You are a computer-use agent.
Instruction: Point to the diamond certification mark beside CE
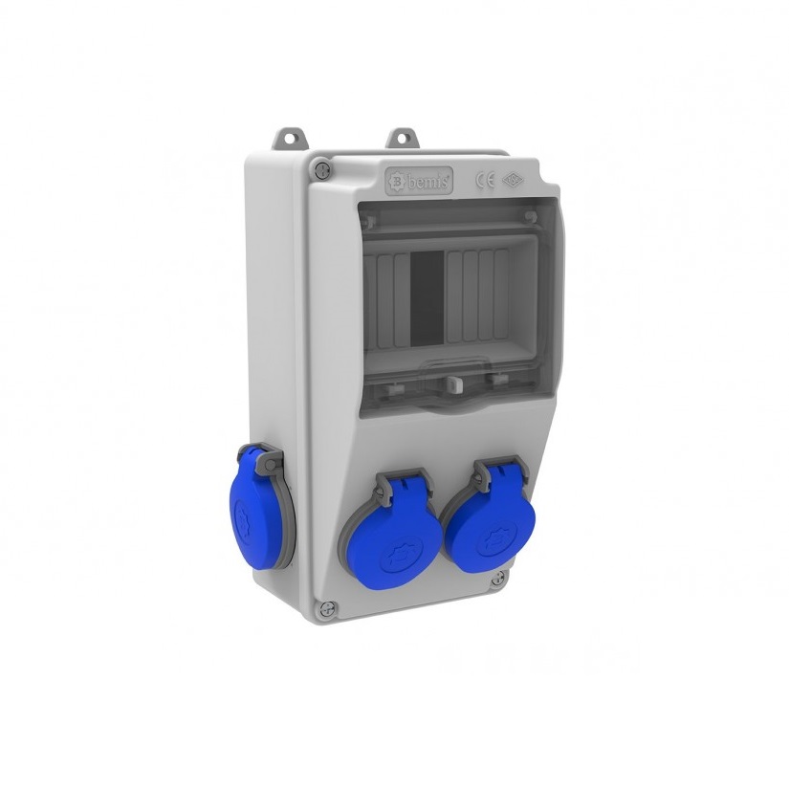514,179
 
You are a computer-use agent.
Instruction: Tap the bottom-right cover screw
497,578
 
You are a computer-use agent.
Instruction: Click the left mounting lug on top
285,141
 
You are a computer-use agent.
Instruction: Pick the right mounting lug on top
402,138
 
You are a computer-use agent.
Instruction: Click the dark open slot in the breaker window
427,296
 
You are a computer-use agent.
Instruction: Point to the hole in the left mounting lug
285,137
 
